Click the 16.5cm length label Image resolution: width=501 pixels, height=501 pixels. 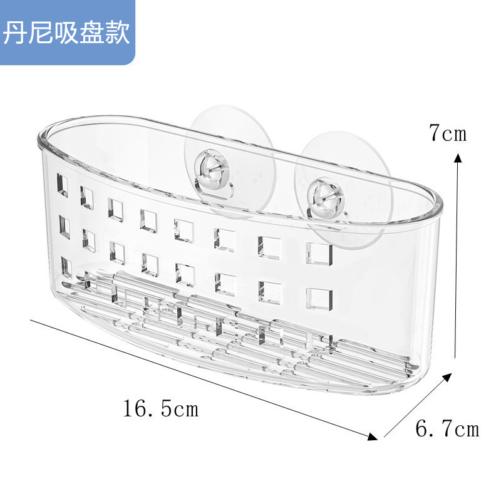pyautogui.click(x=160, y=410)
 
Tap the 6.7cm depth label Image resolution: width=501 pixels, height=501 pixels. pyautogui.click(x=447, y=429)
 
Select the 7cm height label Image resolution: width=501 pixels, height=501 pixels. pyautogui.click(x=448, y=133)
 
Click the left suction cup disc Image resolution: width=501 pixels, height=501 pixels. pyautogui.click(x=229, y=160)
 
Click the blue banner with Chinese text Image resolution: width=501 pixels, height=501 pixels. pyautogui.click(x=67, y=33)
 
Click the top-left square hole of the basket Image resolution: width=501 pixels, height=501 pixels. pyautogui.click(x=63, y=185)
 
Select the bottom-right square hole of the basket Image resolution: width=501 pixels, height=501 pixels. pyautogui.click(x=319, y=299)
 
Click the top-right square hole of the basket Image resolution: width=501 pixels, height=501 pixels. pyautogui.click(x=319, y=252)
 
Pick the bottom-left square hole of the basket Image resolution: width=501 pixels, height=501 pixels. pyautogui.click(x=66, y=267)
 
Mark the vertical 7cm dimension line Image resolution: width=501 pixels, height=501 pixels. pyautogui.click(x=458, y=257)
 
